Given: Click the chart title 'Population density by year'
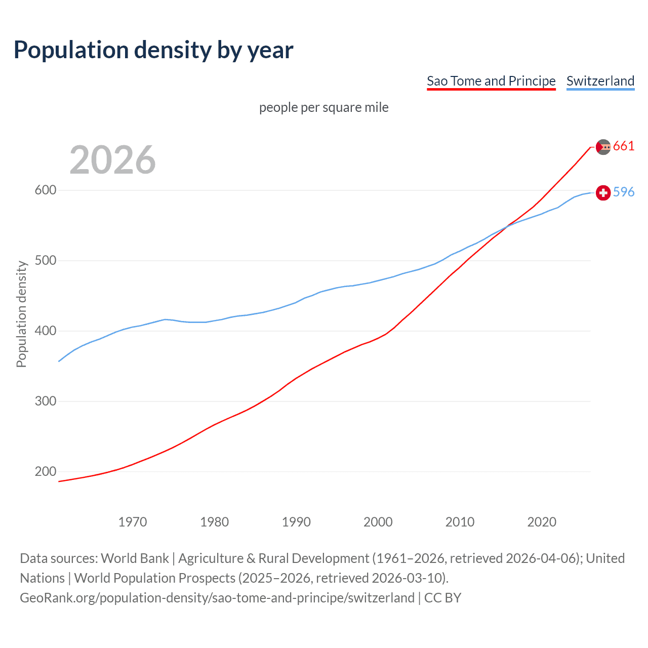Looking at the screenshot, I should click(153, 50).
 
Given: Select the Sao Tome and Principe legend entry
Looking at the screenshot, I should click(491, 81).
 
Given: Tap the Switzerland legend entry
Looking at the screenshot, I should click(600, 81).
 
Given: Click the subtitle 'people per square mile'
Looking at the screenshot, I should click(323, 107).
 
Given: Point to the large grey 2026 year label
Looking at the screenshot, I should click(112, 160).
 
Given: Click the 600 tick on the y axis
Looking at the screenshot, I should click(45, 190).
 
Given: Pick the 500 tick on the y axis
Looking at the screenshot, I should click(45, 261).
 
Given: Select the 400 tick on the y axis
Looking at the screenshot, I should click(45, 331).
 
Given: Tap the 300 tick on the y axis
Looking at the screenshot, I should click(45, 401).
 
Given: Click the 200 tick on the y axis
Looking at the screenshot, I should click(45, 472).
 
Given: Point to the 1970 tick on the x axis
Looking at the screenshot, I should click(133, 522).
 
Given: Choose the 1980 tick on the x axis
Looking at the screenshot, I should click(215, 522).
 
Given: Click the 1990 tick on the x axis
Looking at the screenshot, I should click(296, 522).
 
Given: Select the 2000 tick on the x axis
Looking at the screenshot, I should click(378, 522).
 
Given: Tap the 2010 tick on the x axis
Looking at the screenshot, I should click(460, 522).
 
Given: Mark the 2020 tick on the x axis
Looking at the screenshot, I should click(542, 522).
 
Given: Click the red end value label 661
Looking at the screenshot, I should click(624, 146).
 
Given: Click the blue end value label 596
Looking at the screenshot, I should click(624, 192).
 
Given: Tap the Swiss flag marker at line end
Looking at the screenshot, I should click(603, 193).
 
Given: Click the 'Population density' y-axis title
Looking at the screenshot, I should click(21, 314).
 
